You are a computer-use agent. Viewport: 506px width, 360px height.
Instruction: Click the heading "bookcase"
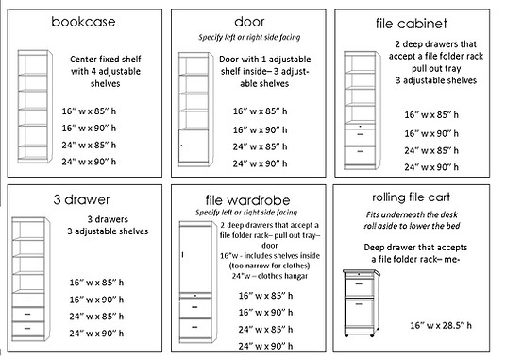coord(83,22)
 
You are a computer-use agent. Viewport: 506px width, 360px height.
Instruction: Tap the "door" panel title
coord(249,22)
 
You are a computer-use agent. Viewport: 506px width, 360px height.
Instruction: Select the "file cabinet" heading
coord(412,24)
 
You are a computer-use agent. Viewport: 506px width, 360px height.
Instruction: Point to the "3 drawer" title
coord(81,199)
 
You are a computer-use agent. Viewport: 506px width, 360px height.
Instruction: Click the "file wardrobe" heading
coord(248,200)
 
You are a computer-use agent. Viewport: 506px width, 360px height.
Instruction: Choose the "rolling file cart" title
coord(411,197)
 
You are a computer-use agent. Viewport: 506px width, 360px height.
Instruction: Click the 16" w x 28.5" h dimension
coord(441,325)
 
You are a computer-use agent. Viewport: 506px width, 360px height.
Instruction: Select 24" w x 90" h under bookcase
coord(89,162)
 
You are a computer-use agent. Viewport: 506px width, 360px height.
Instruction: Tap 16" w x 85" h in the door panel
coord(261,111)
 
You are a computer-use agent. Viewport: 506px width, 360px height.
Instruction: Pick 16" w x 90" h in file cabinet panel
coord(431,133)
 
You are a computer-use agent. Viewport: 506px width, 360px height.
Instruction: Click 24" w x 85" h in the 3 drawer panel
coord(96,317)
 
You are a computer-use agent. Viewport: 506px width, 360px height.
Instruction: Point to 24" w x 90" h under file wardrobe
coord(265,346)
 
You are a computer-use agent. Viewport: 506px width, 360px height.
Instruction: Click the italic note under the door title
coord(249,37)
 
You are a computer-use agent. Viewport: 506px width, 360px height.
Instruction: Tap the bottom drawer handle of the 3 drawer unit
coord(27,329)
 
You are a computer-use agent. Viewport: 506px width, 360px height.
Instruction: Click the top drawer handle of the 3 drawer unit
coord(27,300)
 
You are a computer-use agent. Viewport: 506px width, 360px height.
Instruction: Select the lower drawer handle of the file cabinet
coord(360,151)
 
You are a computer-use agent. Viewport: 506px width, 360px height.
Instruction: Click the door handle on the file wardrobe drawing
coord(182,255)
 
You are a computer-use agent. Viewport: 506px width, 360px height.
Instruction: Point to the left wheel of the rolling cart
coord(346,336)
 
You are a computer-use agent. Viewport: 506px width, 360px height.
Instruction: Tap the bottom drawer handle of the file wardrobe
coord(194,327)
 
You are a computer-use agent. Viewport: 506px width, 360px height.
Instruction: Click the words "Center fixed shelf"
coord(106,60)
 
